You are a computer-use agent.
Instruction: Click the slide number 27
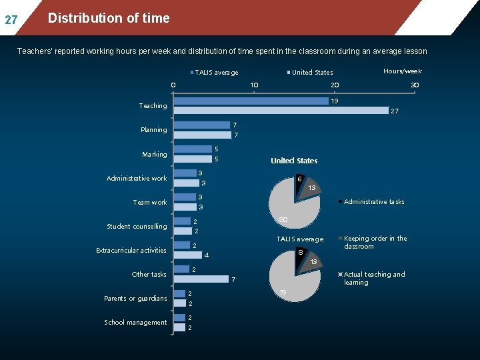(11, 20)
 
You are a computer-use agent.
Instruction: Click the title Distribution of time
(109, 18)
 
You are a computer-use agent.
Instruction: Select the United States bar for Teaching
(281, 111)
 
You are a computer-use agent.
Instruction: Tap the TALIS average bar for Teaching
(251, 101)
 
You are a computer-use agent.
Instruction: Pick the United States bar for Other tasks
(201, 279)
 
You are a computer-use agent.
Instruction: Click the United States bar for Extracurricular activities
(187, 255)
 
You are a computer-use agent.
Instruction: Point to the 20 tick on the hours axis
(335, 85)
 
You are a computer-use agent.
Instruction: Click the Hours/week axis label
(403, 71)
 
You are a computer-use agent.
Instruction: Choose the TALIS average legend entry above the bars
(214, 73)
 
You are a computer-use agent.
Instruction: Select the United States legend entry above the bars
(310, 73)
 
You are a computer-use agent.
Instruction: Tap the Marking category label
(155, 154)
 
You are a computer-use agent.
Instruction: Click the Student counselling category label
(137, 227)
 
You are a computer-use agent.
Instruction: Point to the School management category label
(135, 323)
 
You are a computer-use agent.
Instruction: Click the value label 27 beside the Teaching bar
(395, 111)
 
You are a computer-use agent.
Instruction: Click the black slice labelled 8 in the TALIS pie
(300, 257)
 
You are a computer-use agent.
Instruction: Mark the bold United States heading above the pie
(294, 161)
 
